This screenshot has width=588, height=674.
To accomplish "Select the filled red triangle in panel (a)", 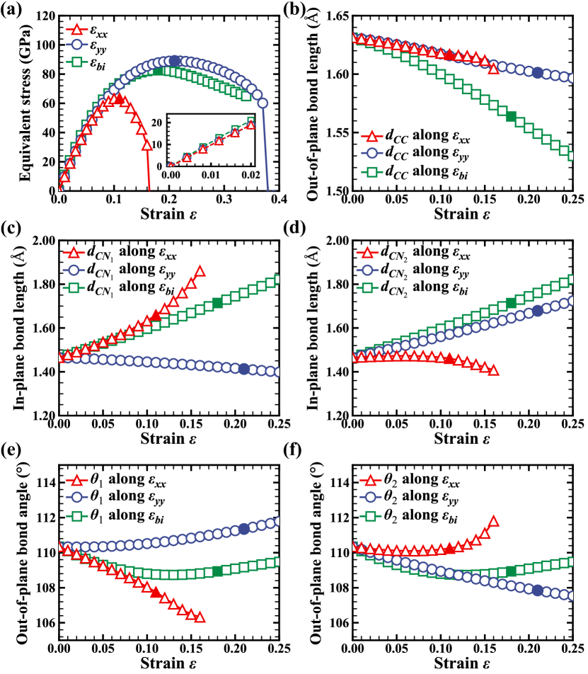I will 120,99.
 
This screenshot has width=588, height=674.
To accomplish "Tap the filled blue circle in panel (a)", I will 175,61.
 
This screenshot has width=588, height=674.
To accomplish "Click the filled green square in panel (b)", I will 512,116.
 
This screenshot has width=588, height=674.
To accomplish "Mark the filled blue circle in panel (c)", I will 244,369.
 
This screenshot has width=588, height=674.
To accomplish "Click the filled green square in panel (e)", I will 217,571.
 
